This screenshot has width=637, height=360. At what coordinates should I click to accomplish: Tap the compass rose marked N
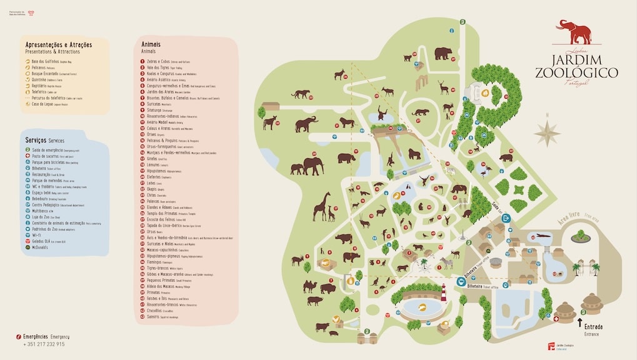547,132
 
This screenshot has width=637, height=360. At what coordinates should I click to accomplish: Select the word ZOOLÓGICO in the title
576,73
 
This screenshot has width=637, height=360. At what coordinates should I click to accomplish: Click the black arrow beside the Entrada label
579,324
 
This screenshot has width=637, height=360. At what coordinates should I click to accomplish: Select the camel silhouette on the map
310,286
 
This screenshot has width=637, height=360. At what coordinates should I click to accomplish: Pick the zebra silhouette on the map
446,262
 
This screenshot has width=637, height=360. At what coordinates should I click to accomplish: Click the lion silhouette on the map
346,122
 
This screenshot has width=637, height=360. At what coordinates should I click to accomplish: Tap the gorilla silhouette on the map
414,154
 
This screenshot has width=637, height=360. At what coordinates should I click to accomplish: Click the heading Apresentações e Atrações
58,45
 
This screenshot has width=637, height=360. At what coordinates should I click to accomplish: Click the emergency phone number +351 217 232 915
44,344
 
